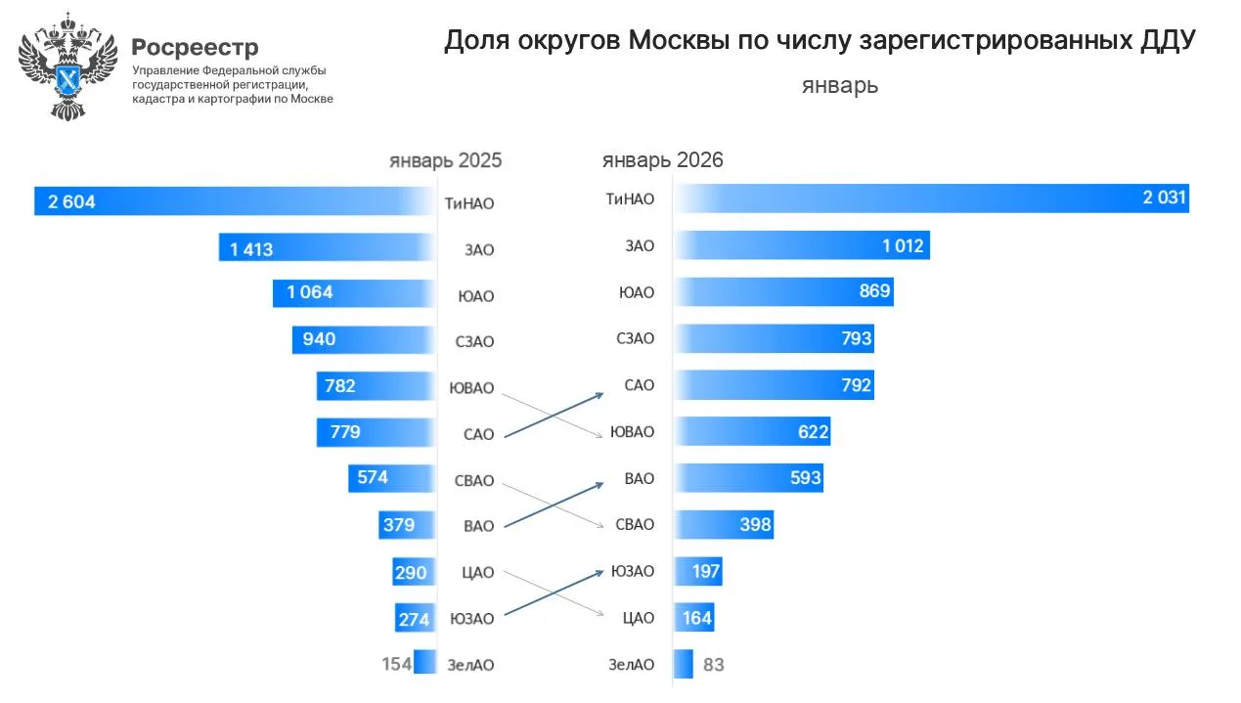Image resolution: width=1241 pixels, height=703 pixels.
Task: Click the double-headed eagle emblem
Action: [67, 66]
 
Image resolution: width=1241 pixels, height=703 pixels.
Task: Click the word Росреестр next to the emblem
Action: [195, 47]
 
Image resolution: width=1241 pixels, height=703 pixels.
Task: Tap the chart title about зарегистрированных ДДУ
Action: [820, 41]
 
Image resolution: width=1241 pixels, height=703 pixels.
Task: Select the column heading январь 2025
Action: [445, 160]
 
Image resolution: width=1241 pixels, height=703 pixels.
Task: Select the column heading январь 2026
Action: [662, 160]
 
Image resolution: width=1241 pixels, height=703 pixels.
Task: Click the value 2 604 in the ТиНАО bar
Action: [71, 202]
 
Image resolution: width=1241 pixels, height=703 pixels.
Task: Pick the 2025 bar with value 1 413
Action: [326, 248]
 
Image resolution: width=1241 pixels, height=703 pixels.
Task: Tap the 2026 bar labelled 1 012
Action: [802, 245]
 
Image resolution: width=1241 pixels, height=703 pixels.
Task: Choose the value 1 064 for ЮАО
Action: [310, 292]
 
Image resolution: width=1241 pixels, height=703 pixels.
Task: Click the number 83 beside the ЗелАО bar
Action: [714, 665]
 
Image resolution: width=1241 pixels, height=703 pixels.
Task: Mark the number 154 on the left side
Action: [396, 664]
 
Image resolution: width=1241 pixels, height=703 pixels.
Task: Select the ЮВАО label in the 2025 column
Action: [471, 387]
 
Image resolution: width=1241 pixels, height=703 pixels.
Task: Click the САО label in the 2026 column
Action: [639, 385]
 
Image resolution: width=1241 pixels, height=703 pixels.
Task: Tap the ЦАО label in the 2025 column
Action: [478, 572]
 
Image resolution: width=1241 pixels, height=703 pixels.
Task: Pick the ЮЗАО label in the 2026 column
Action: [633, 570]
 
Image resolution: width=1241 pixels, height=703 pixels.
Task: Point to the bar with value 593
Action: [749, 478]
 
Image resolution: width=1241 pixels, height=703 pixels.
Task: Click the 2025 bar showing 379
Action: [405, 525]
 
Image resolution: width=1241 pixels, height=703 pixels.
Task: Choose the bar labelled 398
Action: [725, 525]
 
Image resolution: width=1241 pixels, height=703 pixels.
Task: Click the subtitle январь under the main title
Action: [839, 85]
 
